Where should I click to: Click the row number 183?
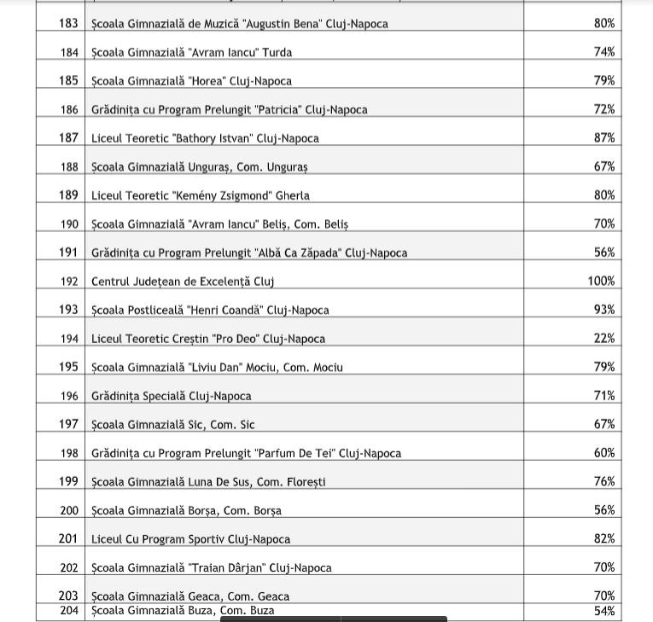[x=68, y=24]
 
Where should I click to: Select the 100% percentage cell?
[x=601, y=281]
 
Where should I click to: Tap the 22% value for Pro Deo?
[x=604, y=339]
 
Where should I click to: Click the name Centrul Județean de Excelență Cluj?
[x=183, y=282]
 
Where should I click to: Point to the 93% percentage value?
[x=604, y=310]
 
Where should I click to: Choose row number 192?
[x=68, y=282]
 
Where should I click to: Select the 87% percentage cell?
[x=604, y=138]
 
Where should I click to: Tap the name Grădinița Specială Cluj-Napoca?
[x=172, y=396]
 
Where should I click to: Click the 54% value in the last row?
[x=604, y=611]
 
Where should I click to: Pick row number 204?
[x=68, y=611]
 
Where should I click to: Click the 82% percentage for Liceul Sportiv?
[x=604, y=539]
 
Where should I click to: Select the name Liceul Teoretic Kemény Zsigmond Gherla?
[x=201, y=195]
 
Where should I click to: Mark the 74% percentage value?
[x=604, y=53]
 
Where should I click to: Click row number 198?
[x=68, y=453]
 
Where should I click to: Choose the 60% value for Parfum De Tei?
[x=604, y=453]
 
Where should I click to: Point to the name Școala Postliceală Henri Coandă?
[x=210, y=311]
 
